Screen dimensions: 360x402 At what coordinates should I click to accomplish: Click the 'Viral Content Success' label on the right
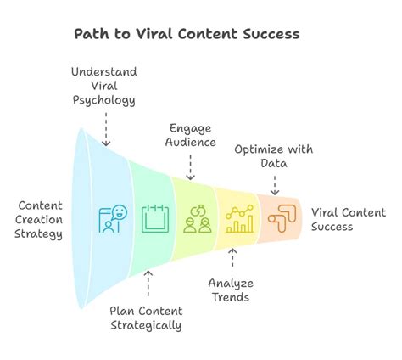(x=348, y=219)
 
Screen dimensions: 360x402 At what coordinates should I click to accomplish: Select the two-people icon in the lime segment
(x=197, y=219)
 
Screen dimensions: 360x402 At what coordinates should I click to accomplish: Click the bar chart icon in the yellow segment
(x=239, y=219)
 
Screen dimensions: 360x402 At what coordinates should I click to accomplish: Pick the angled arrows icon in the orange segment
(x=280, y=219)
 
